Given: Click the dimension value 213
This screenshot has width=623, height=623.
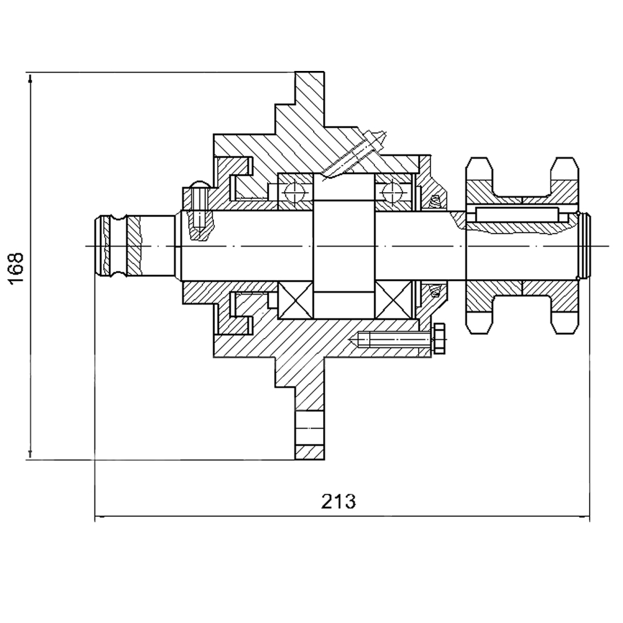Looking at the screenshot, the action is [x=339, y=501].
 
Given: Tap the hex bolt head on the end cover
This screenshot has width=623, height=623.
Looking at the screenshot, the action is [x=438, y=339].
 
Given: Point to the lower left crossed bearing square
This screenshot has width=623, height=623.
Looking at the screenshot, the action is [x=295, y=300].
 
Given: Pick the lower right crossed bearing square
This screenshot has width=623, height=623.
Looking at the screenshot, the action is [x=393, y=300].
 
